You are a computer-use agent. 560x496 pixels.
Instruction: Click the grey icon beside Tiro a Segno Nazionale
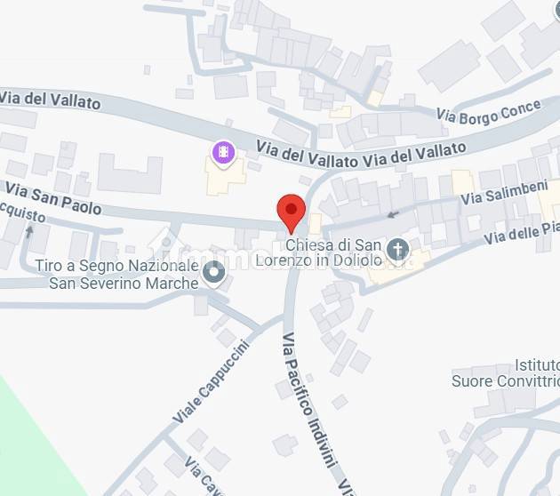212,273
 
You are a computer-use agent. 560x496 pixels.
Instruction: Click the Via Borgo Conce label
489,112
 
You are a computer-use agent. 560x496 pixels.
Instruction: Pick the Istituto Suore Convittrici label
506,373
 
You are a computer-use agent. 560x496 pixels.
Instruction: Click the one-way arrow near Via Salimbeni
392,213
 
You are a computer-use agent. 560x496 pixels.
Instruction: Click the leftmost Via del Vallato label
51,99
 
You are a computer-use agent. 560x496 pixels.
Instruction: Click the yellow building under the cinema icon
225,178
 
